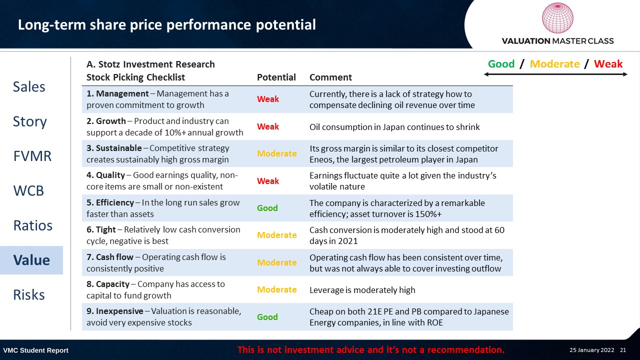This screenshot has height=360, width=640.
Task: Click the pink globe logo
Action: pyautogui.click(x=557, y=17)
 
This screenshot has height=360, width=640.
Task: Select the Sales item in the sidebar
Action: pyautogui.click(x=29, y=86)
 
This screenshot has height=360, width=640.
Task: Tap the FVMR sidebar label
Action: pyautogui.click(x=32, y=156)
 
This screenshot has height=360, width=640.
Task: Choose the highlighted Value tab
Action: pyautogui.click(x=31, y=260)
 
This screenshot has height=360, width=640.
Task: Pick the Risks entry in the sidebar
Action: pyautogui.click(x=29, y=294)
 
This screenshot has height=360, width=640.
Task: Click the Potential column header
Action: pyautogui.click(x=276, y=77)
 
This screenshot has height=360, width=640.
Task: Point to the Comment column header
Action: pyautogui.click(x=330, y=77)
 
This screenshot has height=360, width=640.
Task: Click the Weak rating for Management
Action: pyautogui.click(x=267, y=99)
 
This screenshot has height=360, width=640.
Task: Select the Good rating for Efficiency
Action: pyautogui.click(x=267, y=207)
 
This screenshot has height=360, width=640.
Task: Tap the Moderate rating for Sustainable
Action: pyautogui.click(x=277, y=153)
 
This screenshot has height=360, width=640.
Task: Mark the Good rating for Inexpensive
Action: pyautogui.click(x=267, y=317)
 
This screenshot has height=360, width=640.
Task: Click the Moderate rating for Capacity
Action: pyautogui.click(x=277, y=289)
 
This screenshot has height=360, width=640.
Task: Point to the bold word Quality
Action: pyautogui.click(x=110, y=175)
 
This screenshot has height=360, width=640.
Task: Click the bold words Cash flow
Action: pyautogui.click(x=114, y=257)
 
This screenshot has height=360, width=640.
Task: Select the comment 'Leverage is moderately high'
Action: pyautogui.click(x=362, y=290)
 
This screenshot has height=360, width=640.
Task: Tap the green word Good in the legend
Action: pyautogui.click(x=501, y=63)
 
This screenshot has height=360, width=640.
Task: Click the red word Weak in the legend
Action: pyautogui.click(x=608, y=63)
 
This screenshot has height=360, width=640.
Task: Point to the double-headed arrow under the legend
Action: pyautogui.click(x=555, y=74)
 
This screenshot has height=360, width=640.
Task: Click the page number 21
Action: pyautogui.click(x=623, y=350)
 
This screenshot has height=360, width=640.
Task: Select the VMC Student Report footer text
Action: pyautogui.click(x=35, y=350)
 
